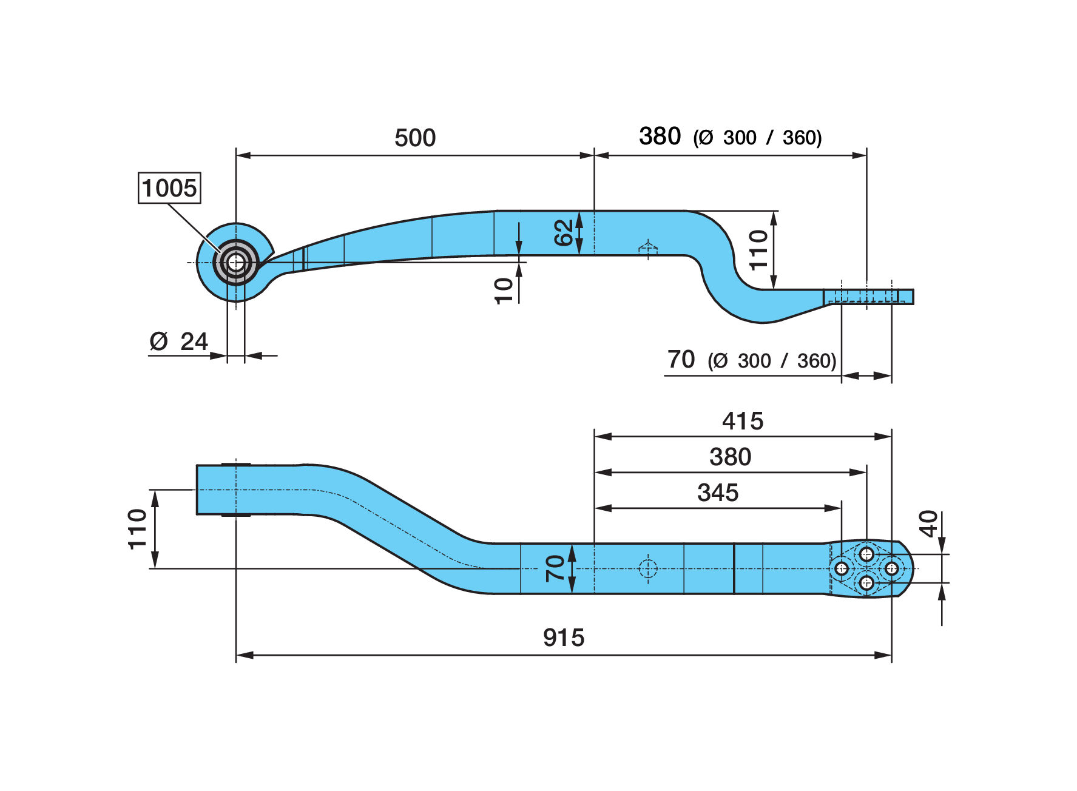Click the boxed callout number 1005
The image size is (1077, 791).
(x=169, y=188)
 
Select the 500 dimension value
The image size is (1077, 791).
(x=415, y=138)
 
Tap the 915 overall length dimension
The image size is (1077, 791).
(x=564, y=638)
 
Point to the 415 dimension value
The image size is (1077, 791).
(x=743, y=421)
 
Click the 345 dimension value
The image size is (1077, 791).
(x=718, y=493)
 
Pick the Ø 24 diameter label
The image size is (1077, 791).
(x=179, y=342)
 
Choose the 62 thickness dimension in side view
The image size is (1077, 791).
(x=564, y=233)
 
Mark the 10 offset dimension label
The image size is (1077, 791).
(x=504, y=291)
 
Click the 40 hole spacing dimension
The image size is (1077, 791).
(x=928, y=523)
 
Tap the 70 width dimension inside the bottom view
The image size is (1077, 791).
(x=555, y=568)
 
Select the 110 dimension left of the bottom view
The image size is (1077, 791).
(x=138, y=529)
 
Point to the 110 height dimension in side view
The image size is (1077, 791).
(x=758, y=250)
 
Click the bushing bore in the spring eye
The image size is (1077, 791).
(x=236, y=263)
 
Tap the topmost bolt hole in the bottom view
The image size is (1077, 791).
(x=866, y=554)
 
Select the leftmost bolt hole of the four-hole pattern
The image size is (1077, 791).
(x=842, y=568)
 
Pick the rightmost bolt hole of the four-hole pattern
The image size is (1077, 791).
(x=891, y=568)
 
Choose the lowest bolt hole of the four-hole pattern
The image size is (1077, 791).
(x=866, y=583)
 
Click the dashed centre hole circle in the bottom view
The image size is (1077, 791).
(x=648, y=568)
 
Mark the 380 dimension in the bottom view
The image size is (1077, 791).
(x=730, y=457)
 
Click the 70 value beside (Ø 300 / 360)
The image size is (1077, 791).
(x=681, y=360)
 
